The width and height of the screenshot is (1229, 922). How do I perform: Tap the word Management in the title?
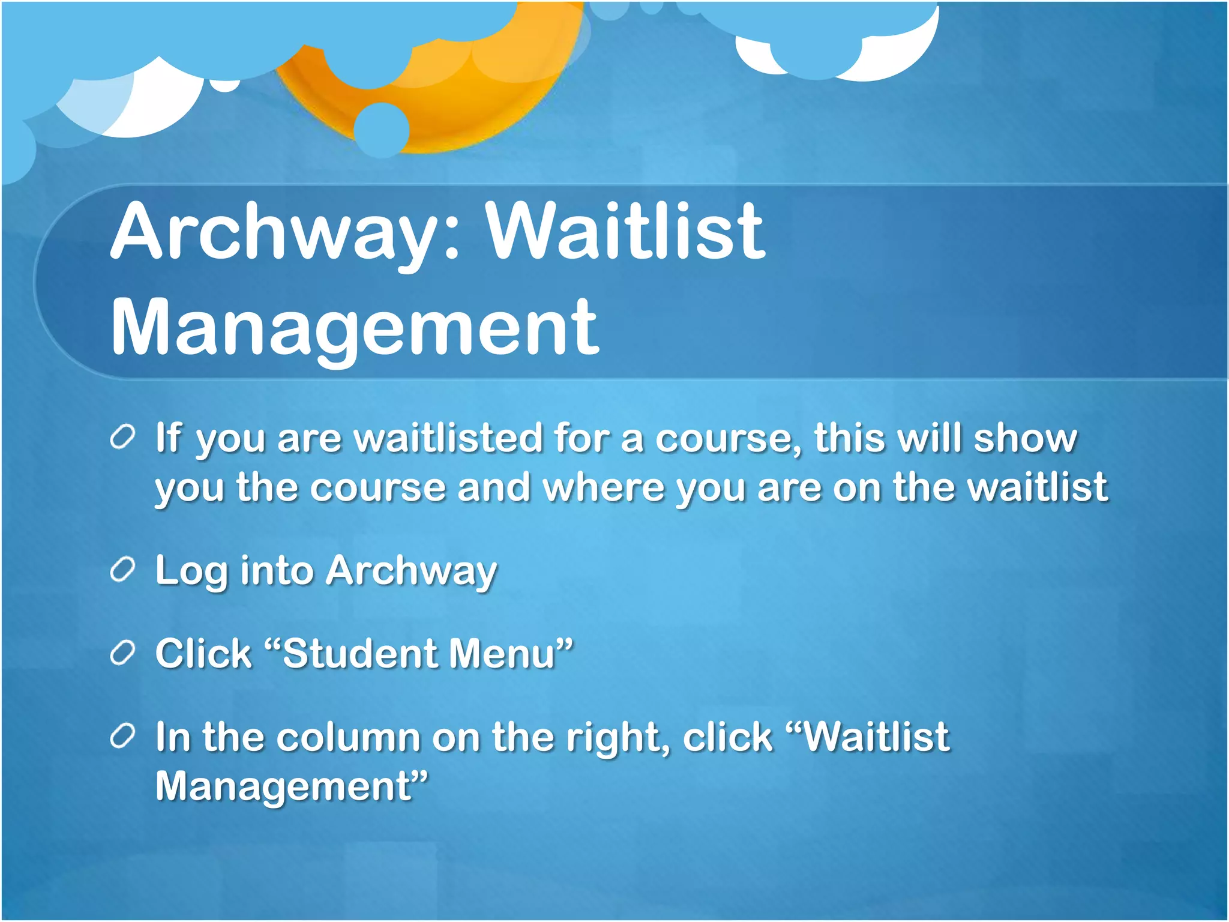pyautogui.click(x=355, y=328)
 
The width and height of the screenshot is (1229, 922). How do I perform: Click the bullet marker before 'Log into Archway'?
pyautogui.click(x=122, y=570)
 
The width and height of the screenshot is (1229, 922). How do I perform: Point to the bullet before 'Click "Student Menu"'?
pyautogui.click(x=122, y=654)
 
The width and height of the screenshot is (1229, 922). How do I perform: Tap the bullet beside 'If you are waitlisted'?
pyautogui.click(x=122, y=438)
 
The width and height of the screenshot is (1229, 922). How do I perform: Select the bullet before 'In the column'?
pyautogui.click(x=122, y=737)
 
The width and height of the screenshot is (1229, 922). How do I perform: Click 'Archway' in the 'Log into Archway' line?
pyautogui.click(x=411, y=570)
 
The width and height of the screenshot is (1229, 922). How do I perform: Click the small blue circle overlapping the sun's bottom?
pyautogui.click(x=381, y=129)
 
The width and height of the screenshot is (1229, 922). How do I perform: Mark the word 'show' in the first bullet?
pyautogui.click(x=1025, y=438)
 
